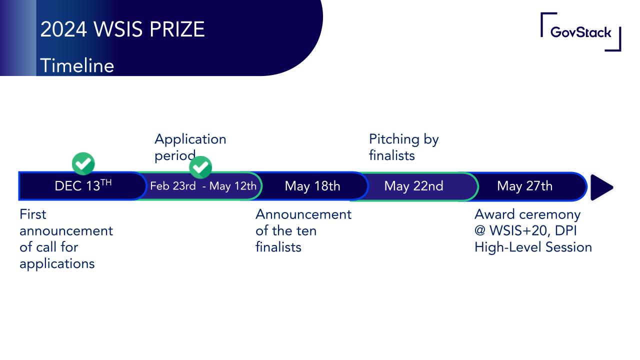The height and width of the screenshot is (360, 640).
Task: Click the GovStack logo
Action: pos(580,32)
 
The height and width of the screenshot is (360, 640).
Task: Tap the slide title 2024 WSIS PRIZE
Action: pos(122,29)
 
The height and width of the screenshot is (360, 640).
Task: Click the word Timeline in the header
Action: pos(77,65)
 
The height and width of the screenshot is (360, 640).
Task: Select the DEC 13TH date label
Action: pos(83,185)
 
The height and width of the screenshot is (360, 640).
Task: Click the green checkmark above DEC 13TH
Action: pos(83,163)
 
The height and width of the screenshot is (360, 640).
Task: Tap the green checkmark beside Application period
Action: pos(200,167)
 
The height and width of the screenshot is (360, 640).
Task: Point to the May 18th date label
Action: pos(312,186)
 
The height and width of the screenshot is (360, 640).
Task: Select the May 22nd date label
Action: pos(413,186)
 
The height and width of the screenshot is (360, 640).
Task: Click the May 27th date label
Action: pos(524,186)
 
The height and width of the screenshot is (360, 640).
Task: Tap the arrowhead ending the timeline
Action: pos(601,187)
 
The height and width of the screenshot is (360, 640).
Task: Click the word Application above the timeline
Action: pos(190,139)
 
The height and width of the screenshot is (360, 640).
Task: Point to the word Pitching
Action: pos(394,139)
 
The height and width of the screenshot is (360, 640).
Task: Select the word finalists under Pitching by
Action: pos(391,155)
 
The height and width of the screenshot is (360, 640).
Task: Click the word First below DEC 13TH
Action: pos(33,214)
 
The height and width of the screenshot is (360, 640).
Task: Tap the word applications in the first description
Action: pos(57,264)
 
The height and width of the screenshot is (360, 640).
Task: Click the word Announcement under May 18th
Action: pos(303,214)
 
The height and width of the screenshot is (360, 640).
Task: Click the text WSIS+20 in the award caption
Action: pos(520,231)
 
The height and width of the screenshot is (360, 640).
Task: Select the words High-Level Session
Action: pos(533,247)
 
